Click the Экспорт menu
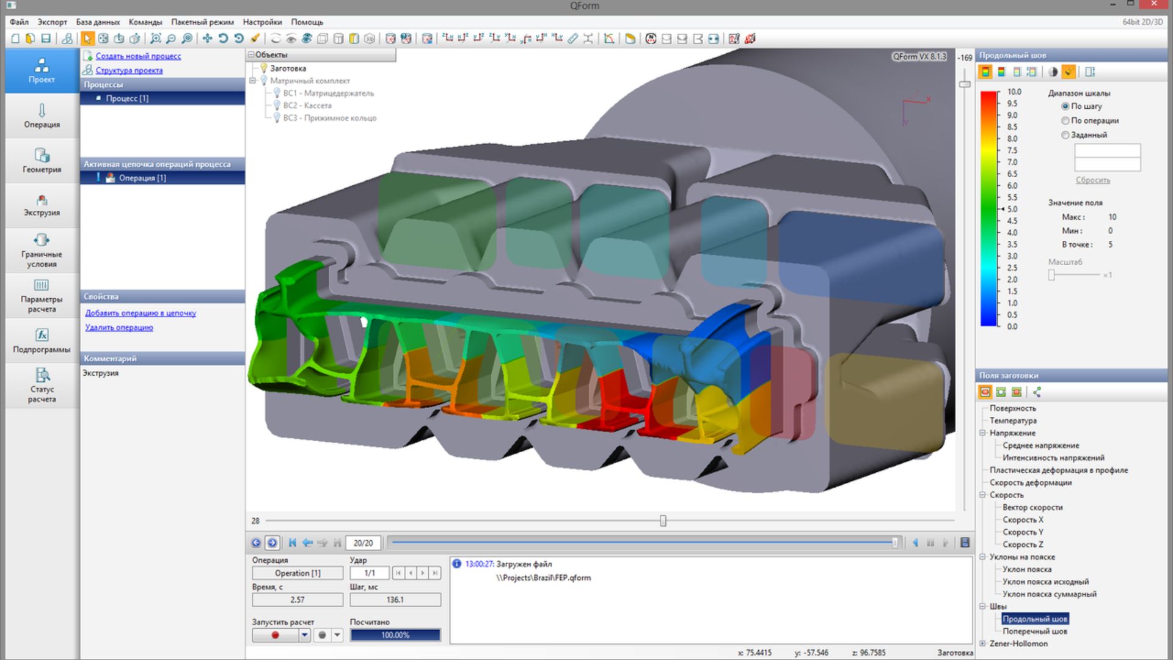(x=52, y=22)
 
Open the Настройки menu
(x=262, y=22)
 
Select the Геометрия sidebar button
(x=42, y=161)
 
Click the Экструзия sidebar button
(x=42, y=205)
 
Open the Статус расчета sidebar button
(x=42, y=385)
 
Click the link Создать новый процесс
(x=138, y=56)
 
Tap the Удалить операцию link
(x=119, y=328)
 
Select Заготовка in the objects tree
(x=288, y=68)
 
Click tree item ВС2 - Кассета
(x=307, y=106)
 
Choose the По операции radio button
(x=1065, y=120)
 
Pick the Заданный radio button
(x=1065, y=135)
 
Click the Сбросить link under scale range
(x=1092, y=180)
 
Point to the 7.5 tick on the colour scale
(x=1012, y=150)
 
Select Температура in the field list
(x=1013, y=420)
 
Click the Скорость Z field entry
(x=1023, y=544)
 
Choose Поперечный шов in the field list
(x=1034, y=631)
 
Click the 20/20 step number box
(x=363, y=543)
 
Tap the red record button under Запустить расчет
(x=276, y=635)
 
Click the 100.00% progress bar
(x=395, y=635)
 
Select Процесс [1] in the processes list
(x=127, y=98)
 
